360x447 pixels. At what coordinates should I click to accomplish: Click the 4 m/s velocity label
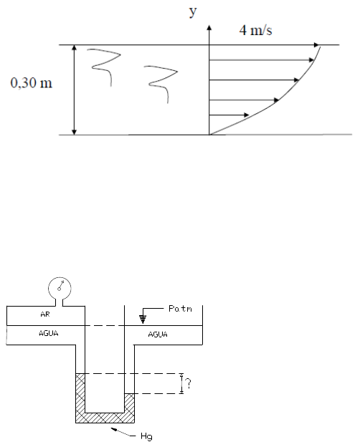(255, 30)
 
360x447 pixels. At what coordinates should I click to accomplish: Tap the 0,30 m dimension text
(32, 82)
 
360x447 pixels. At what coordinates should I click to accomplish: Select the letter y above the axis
(193, 11)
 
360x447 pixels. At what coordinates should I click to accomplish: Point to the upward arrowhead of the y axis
(209, 27)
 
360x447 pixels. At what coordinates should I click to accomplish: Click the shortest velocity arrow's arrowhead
(246, 115)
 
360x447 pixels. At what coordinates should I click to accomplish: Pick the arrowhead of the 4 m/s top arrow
(316, 44)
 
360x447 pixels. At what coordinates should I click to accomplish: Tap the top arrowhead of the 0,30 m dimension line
(75, 47)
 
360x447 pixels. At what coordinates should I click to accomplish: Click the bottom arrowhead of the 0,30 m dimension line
(75, 132)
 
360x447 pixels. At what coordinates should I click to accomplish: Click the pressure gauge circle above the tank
(60, 288)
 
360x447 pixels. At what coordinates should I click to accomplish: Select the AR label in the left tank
(45, 314)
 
